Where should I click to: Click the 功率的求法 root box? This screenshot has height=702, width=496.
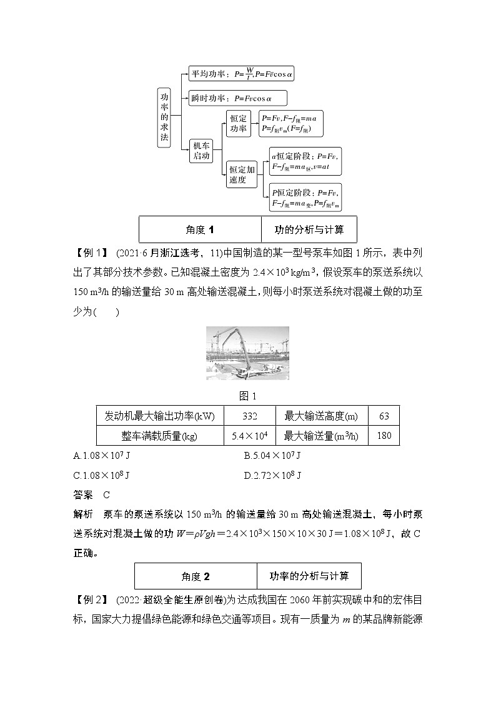164,117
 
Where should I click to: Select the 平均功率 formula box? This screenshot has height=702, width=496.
241,73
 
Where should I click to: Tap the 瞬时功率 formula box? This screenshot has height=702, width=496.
237,98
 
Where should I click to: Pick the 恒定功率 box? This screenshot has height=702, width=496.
238,123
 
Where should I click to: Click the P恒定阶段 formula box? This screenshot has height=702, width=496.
305,198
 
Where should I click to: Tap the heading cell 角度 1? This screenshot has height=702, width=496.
199,229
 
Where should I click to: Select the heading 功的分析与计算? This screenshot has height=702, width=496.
309,229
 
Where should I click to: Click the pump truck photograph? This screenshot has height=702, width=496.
247,353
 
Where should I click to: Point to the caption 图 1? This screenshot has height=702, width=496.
248,396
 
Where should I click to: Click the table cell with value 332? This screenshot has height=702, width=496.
249,416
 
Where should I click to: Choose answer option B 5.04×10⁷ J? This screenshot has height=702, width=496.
272,456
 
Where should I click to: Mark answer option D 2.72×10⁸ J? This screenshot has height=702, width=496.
272,475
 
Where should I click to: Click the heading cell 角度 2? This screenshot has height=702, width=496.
196,576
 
